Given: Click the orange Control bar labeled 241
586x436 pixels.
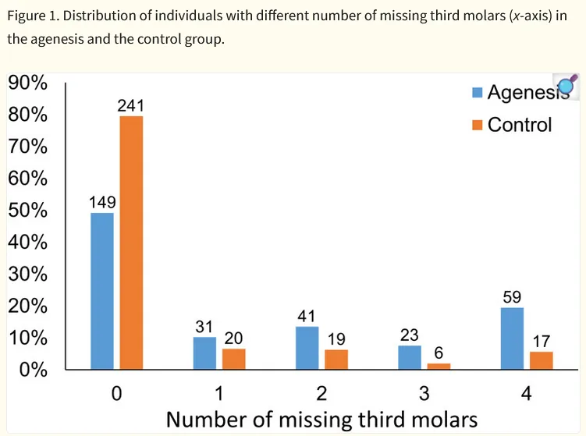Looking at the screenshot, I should coord(131,243).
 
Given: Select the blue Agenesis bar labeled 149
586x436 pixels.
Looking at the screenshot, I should coord(102,290).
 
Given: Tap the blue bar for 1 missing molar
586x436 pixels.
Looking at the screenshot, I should coord(204,353).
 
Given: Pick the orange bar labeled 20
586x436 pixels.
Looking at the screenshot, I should coord(233,359).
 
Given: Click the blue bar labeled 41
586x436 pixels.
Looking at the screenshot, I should coord(307,348).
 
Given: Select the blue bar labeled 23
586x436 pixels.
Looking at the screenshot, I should coord(410,357).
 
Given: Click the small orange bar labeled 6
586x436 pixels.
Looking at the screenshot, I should coord(439,366).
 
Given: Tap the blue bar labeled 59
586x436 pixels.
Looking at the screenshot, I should coord(512,339).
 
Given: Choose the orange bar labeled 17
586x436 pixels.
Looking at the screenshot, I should coord(542,360).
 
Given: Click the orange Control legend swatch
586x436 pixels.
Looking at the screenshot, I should coord(478,125).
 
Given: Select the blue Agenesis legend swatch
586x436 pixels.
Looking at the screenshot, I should coord(478,93).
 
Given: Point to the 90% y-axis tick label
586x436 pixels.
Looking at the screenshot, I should coord(28,83).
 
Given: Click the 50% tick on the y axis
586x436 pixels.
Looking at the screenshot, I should coord(28,211).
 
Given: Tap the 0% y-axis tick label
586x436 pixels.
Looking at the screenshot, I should coord(33,370).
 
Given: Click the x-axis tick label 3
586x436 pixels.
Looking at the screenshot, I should coord(424,392).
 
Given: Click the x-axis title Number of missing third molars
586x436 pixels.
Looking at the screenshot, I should coord(321,420).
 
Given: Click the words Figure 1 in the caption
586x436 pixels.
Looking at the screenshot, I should coord(32,16).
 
